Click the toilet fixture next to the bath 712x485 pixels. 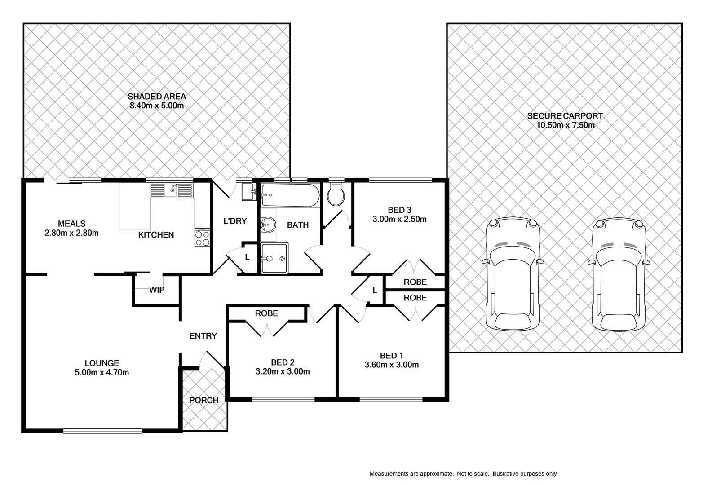tap(336, 194)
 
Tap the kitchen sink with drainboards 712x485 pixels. tap(171, 190)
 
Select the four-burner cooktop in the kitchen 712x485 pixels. tap(203, 238)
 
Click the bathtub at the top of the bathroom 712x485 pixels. tap(290, 196)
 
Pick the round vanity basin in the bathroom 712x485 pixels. tap(268, 224)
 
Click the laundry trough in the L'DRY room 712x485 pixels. tap(249, 192)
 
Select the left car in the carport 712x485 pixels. tap(513, 274)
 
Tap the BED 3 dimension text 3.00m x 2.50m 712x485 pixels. tap(399, 220)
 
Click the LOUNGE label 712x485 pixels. tap(102, 363)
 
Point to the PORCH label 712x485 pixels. tap(204, 400)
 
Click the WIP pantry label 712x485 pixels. tap(157, 290)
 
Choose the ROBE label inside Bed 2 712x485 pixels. tap(266, 313)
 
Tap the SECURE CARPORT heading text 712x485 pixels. tap(565, 116)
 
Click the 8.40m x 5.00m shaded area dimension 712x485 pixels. tap(157, 106)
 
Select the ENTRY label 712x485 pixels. tap(203, 336)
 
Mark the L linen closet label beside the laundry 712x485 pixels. tap(247, 257)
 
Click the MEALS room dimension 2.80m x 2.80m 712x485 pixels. tap(71, 233)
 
